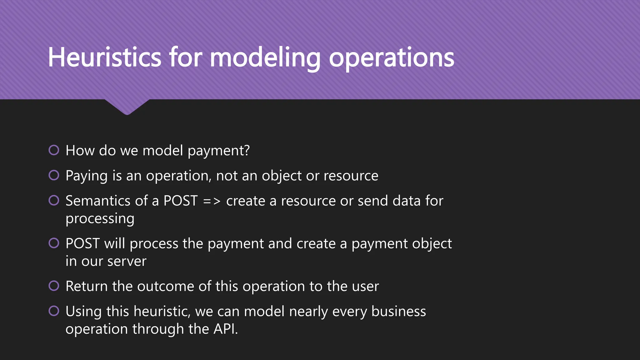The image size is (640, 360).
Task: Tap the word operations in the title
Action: point(391,58)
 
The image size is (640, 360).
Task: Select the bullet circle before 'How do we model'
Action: point(54,150)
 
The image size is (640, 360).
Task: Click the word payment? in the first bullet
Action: point(218,151)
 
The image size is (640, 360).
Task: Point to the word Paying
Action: point(87,176)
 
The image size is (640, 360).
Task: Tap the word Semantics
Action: point(106,201)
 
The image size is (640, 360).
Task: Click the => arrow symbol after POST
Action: point(212,201)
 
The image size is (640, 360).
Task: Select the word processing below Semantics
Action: point(100,219)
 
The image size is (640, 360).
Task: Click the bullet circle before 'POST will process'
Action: point(54,243)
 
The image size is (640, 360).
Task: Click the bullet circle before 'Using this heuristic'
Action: point(54,311)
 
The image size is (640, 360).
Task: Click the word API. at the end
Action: point(225,329)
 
